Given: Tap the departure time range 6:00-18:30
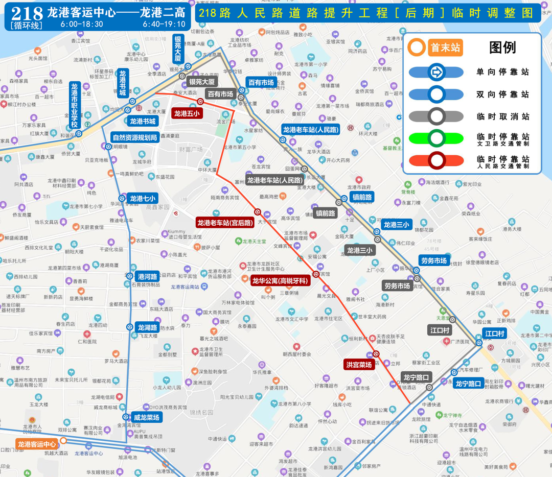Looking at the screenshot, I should coord(81,24).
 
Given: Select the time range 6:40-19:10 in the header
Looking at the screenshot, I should coord(164,24).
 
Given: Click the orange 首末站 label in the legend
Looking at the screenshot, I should coord(445,48).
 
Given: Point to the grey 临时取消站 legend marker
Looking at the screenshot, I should coord(436,116).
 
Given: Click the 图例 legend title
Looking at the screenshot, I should coord(502,48).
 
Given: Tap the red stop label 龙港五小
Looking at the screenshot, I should coord(187,113).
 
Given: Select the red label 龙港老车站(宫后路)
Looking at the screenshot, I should coord(225,223).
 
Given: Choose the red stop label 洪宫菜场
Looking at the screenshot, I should coord(359,365).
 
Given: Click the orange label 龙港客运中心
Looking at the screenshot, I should coord(37,444).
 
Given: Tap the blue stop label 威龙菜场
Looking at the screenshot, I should coord(146,417).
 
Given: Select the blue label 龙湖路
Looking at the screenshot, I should coord(147,327).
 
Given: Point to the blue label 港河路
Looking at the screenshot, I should coord(148,276).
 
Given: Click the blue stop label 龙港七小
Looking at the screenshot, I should coord(142,198).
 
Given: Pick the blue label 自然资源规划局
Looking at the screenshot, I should coord(135,137).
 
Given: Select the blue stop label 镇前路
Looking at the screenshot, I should coord(362,197).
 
